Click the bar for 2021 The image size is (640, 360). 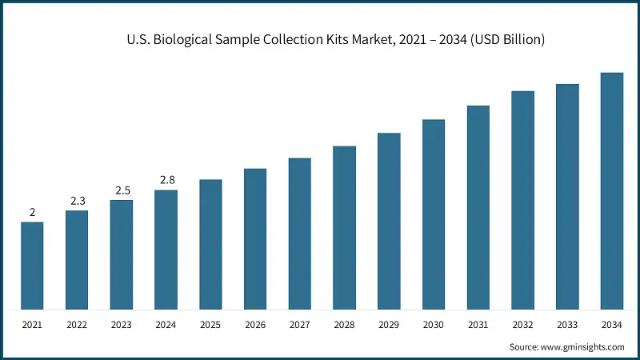[32, 266]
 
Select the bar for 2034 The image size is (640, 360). [612, 191]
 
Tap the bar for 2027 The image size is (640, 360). [300, 234]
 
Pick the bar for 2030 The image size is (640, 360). [434, 214]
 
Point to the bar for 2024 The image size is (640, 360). [166, 250]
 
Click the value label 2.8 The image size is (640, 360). [166, 180]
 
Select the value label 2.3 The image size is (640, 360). [77, 201]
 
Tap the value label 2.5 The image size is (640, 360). [122, 190]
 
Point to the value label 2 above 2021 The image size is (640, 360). [32, 212]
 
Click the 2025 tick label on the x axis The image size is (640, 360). [210, 325]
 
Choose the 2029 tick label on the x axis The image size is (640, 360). [389, 325]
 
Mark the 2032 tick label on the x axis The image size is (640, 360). [523, 325]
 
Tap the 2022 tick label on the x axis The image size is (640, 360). [77, 325]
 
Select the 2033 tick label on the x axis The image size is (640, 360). [567, 325]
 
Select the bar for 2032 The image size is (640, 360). [523, 200]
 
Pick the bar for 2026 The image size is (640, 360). [255, 239]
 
